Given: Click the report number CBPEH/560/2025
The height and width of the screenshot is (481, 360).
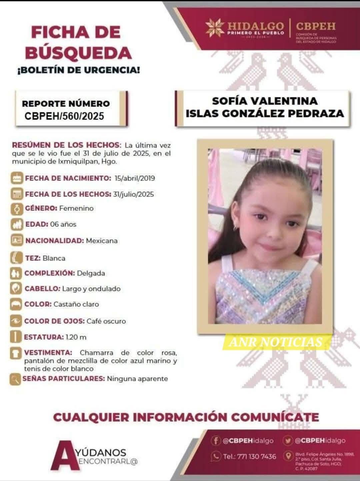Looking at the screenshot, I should tap(64, 116).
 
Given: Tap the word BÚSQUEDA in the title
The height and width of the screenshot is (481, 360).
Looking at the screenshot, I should tap(78, 53).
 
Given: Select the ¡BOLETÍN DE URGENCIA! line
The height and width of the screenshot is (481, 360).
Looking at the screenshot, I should tap(78, 70).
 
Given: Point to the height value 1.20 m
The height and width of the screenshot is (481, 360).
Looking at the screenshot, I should tap(76, 337).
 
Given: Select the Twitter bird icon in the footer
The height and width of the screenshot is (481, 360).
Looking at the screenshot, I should tap(287, 441).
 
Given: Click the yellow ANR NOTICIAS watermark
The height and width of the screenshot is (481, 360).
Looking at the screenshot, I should tap(276, 342).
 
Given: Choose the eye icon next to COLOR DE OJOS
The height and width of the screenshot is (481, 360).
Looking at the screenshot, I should tap(15, 321).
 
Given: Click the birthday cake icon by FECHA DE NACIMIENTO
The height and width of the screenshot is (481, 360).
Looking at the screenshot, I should tap(16, 178).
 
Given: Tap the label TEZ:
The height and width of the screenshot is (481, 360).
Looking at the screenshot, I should tap(33, 258).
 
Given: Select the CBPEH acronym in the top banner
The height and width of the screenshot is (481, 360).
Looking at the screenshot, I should tap(316, 26).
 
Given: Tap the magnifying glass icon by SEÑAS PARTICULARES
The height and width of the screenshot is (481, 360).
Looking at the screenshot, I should tap(15, 379).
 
